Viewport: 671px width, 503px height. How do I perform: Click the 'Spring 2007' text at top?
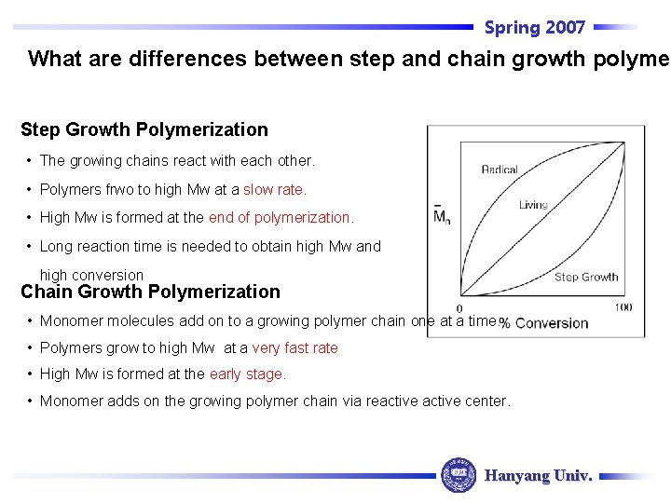coord(534,28)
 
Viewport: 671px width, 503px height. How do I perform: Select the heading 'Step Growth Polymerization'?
coord(144,129)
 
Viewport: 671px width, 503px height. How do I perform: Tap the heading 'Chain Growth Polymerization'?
coord(150,292)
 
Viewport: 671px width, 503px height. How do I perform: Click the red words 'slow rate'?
coord(274,189)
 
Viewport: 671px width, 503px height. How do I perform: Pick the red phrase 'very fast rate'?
coord(294,347)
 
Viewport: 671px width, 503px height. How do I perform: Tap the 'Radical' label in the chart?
coord(500,170)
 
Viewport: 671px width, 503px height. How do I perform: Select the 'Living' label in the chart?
coord(533,205)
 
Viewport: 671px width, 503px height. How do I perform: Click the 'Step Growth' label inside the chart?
coord(586,277)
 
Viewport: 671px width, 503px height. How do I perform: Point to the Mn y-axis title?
coord(441,217)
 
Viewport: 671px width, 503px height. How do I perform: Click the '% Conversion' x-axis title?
coord(544,323)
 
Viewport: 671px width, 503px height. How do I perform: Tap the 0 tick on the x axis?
coord(459,308)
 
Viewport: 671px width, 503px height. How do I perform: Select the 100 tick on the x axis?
coord(623,308)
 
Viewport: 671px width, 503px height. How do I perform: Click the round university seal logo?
coord(458,475)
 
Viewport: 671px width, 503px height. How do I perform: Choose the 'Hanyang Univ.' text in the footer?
coord(539,475)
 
